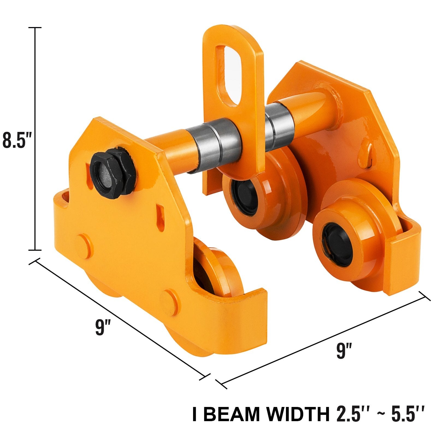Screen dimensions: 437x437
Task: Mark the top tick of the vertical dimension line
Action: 35,28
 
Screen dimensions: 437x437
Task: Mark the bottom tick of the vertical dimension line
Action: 35,250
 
